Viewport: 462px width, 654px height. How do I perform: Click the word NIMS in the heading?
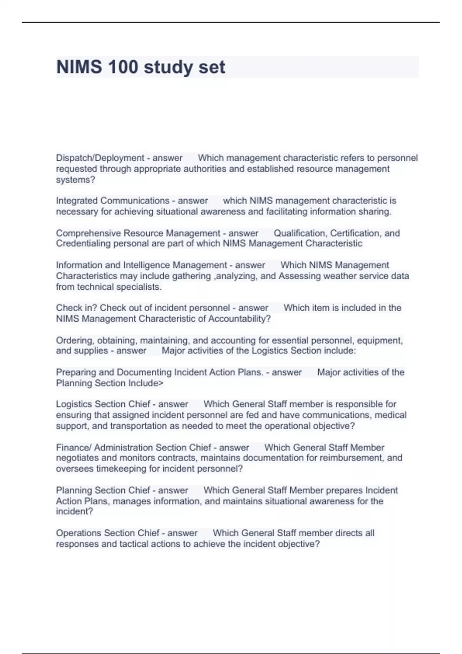coord(79,67)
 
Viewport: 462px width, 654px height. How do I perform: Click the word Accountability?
coord(239,319)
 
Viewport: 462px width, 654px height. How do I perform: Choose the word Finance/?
coord(74,447)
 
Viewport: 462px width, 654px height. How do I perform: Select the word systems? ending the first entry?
coord(75,180)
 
